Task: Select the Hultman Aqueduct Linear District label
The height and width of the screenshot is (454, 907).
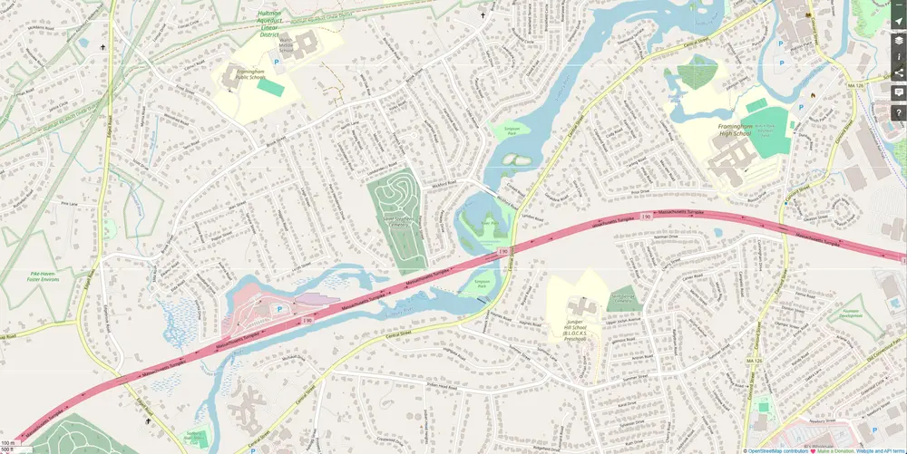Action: [268, 23]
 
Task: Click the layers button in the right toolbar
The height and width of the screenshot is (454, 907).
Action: [898, 39]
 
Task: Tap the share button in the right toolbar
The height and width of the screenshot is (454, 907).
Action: [898, 73]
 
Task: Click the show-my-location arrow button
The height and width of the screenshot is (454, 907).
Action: [898, 22]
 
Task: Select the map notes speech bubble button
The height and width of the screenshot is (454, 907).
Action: [898, 92]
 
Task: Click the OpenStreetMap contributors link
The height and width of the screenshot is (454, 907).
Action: [778, 449]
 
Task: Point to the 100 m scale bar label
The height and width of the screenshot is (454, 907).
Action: [7, 442]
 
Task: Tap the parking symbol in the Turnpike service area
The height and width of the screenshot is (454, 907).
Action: [278, 308]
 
